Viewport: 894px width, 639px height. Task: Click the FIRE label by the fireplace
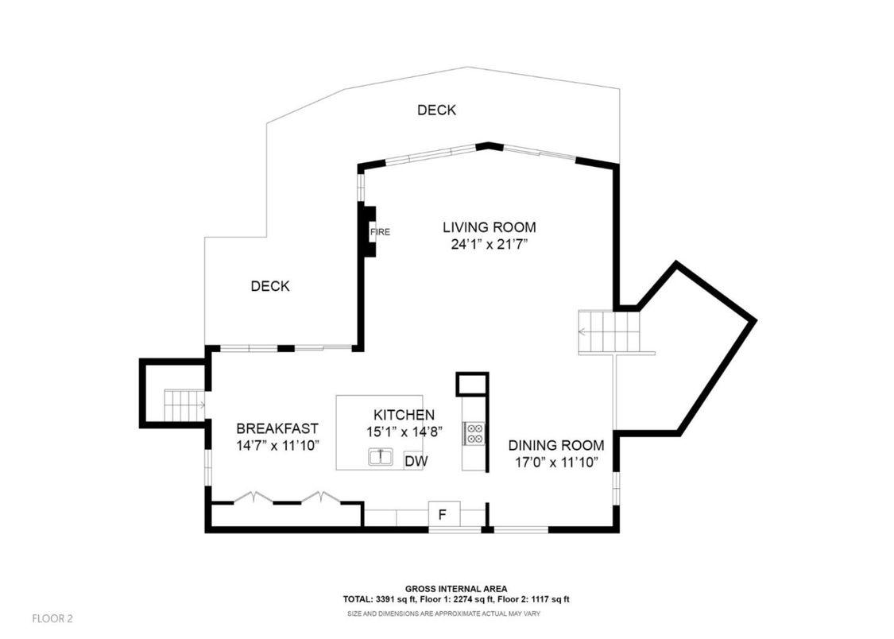click(x=380, y=232)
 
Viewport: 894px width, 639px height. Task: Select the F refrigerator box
click(x=443, y=514)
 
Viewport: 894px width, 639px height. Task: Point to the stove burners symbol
click(x=474, y=433)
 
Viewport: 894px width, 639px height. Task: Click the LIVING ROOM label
click(x=489, y=227)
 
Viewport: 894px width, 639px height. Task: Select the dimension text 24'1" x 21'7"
click(x=490, y=245)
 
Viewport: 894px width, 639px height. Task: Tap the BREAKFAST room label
click(x=277, y=428)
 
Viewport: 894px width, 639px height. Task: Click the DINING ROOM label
click(x=555, y=445)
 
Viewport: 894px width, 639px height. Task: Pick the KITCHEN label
click(x=404, y=415)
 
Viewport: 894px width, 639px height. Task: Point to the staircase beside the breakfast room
click(x=184, y=405)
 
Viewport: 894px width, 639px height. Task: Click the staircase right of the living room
click(x=609, y=331)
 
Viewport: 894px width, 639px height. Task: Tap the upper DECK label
click(x=436, y=110)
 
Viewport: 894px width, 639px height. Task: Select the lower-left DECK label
click(x=270, y=286)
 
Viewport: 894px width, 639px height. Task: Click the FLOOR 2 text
click(x=52, y=618)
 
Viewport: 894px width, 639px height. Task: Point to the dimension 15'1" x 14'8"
click(x=404, y=432)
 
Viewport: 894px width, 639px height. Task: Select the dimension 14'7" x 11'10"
click(x=277, y=445)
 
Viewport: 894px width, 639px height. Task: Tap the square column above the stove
click(x=470, y=384)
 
